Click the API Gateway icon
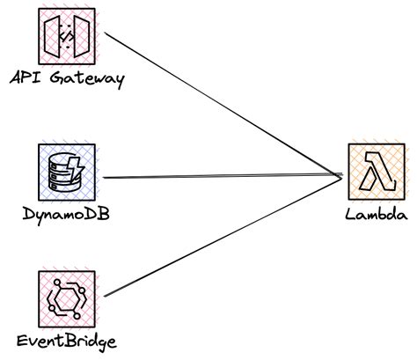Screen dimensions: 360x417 66,34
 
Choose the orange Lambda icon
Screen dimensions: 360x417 377,173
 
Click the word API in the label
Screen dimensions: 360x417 25,78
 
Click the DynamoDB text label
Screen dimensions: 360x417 65,215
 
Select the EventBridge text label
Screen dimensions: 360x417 67,341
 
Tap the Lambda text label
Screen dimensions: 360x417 377,215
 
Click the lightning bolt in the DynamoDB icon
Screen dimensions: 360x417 77,164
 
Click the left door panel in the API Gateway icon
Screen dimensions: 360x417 52,34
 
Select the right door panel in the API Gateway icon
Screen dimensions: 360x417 81,34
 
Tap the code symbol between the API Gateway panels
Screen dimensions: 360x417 66,34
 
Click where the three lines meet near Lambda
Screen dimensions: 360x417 340,176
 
